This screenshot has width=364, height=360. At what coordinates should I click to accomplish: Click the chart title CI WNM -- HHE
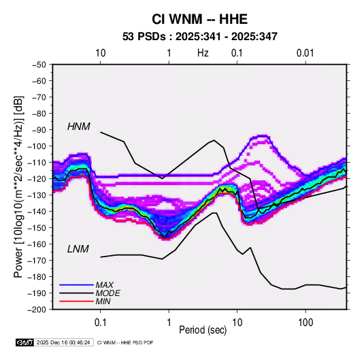pyautogui.click(x=199, y=19)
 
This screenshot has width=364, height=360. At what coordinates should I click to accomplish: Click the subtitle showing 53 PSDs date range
pyautogui.click(x=200, y=37)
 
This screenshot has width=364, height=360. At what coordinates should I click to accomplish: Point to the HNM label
pyautogui.click(x=79, y=127)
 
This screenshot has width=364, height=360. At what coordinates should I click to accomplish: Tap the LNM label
pyautogui.click(x=78, y=249)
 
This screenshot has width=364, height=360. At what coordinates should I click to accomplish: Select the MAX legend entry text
pyautogui.click(x=105, y=284)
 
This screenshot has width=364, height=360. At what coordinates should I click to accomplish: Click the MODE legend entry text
pyautogui.click(x=107, y=293)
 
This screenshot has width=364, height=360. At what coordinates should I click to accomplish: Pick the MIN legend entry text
pyautogui.click(x=103, y=301)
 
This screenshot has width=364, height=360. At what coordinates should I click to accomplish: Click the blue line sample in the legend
pyautogui.click(x=76, y=284)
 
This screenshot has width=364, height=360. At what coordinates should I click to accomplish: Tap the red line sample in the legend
pyautogui.click(x=76, y=301)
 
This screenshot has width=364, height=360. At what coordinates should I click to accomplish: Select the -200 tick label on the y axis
pyautogui.click(x=37, y=310)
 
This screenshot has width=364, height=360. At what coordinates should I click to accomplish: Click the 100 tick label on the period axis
pyautogui.click(x=305, y=323)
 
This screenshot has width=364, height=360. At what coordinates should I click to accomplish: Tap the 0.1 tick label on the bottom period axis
pyautogui.click(x=100, y=323)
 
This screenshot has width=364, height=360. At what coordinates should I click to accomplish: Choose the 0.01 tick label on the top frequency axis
pyautogui.click(x=305, y=53)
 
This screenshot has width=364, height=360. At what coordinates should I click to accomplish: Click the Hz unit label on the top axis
pyautogui.click(x=203, y=53)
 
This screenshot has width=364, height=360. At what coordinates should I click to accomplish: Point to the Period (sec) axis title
pyautogui.click(x=203, y=330)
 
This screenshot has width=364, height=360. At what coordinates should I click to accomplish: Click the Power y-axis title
pyautogui.click(x=18, y=186)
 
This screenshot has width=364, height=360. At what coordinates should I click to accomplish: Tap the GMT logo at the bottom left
pyautogui.click(x=25, y=342)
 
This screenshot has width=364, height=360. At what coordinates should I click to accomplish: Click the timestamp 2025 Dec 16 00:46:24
pyautogui.click(x=63, y=342)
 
